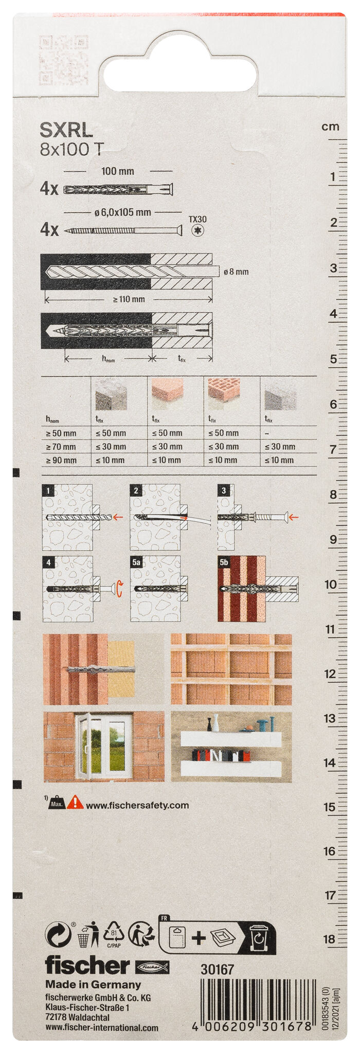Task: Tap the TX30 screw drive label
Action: click(197, 220)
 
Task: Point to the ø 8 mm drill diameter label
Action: click(236, 271)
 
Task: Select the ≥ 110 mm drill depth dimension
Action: click(129, 299)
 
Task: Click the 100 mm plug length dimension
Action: click(118, 171)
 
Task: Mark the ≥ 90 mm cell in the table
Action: click(61, 460)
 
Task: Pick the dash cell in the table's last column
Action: click(267, 433)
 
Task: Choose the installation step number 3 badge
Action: click(224, 491)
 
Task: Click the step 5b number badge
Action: click(224, 562)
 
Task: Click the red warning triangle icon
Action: click(75, 802)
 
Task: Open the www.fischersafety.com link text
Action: click(137, 805)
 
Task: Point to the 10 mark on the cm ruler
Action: click(330, 584)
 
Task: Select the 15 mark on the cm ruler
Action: click(330, 807)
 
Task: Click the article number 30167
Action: click(217, 969)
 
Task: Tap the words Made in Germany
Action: click(93, 984)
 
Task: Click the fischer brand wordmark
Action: click(87, 966)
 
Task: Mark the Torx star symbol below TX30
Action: click(197, 231)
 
